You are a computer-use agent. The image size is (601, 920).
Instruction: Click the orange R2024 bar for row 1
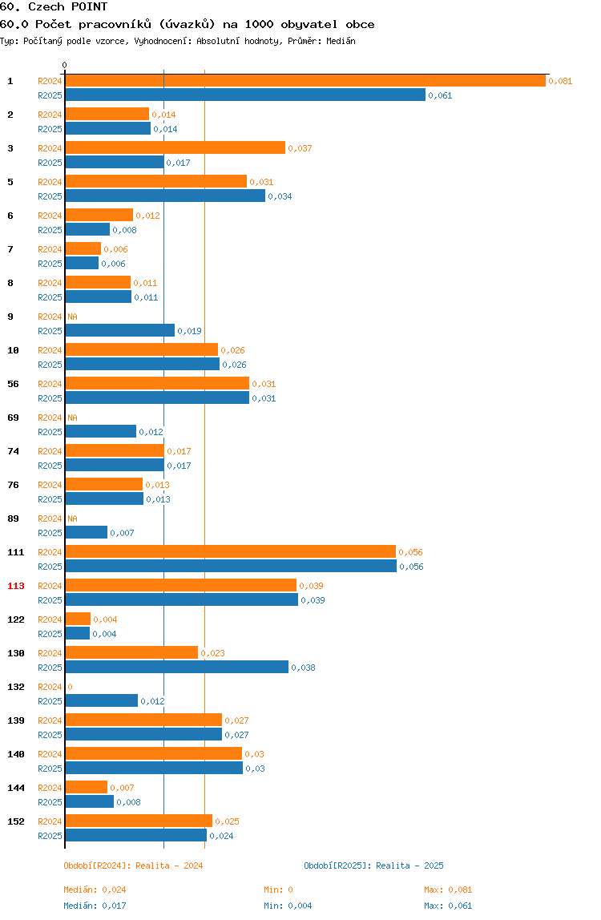[x=305, y=81]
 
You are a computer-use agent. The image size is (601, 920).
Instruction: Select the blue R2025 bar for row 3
[x=115, y=163]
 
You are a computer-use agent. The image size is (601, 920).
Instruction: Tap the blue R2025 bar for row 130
[x=176, y=667]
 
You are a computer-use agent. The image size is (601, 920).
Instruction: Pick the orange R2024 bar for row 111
[x=231, y=551]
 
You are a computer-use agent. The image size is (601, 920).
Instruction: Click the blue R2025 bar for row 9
[x=119, y=330]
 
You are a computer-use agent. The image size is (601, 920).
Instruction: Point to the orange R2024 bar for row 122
[x=78, y=619]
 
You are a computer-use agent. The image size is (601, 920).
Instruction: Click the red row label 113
[x=16, y=586]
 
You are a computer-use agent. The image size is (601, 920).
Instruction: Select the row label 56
[x=13, y=384]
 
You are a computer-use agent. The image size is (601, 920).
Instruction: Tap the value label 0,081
[x=560, y=81]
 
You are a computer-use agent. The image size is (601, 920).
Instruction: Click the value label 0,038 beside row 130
[x=304, y=668]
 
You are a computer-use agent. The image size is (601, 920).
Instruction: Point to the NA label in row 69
[x=72, y=418]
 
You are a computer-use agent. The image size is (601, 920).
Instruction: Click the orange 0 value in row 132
[x=70, y=687]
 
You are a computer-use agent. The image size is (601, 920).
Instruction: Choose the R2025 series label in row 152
[x=50, y=836]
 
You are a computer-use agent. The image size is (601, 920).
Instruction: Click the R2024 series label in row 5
[x=50, y=182]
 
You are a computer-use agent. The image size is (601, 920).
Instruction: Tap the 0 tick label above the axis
[x=65, y=65]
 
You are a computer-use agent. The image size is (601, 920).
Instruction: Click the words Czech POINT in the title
[x=68, y=7]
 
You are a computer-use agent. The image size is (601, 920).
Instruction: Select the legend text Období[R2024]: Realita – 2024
[x=133, y=866]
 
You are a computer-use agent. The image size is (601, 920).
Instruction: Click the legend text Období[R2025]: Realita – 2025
[x=374, y=866]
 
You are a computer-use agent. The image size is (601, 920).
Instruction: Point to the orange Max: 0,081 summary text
[x=449, y=890]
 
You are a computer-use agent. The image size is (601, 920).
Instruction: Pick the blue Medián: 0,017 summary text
[x=95, y=906]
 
